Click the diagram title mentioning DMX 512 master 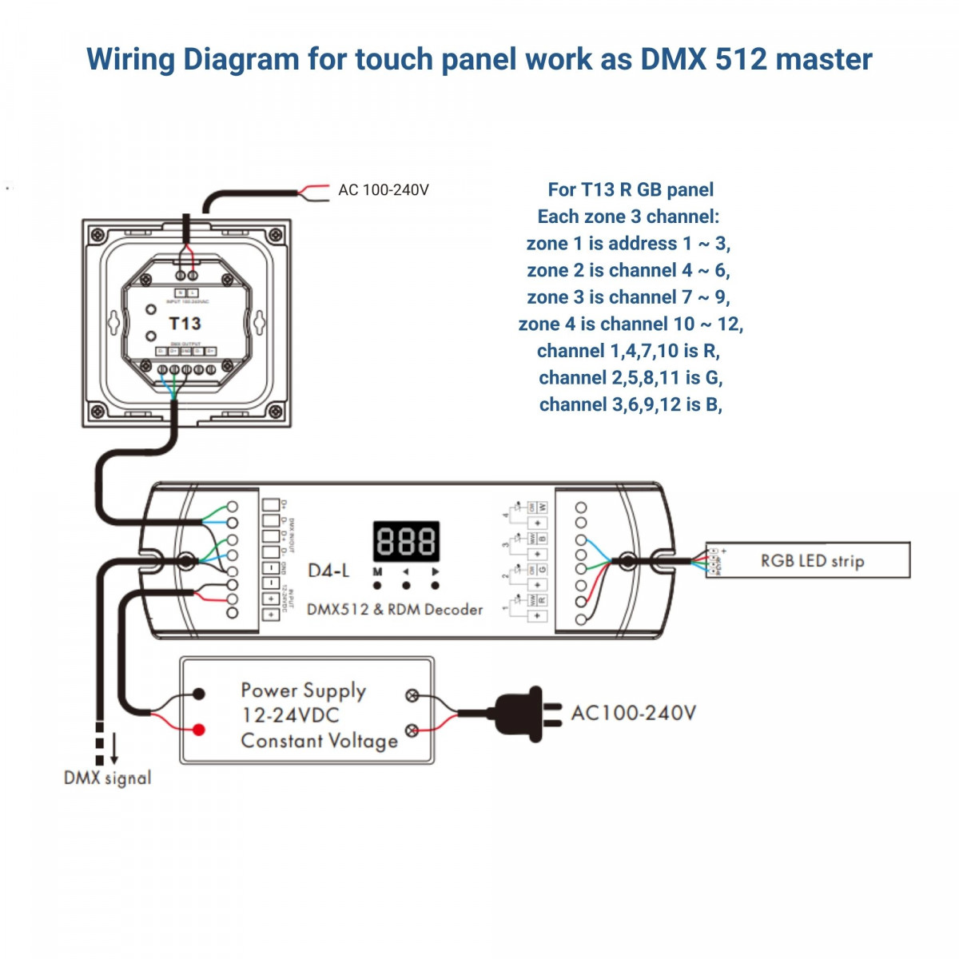[479, 60]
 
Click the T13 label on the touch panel [185, 324]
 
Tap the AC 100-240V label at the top [383, 190]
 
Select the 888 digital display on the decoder [406, 541]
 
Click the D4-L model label [328, 571]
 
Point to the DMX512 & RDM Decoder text [395, 610]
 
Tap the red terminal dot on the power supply [199, 729]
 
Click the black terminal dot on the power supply [199, 694]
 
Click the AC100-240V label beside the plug [633, 713]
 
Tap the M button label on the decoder [377, 572]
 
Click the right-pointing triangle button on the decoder [435, 572]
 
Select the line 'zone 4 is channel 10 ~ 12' [630, 324]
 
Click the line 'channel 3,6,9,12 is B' [630, 405]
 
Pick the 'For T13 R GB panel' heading [630, 190]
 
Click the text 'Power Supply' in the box [303, 690]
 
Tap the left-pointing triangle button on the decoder [406, 572]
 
